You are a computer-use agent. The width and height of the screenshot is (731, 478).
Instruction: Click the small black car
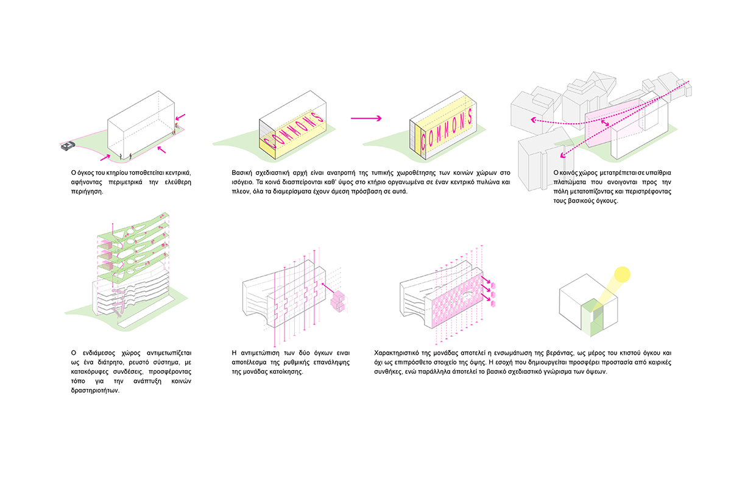click(67, 146)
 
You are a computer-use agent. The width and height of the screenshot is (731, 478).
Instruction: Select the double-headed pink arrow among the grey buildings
click(602, 124)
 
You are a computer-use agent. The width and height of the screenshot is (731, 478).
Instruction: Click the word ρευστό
click(134, 363)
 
